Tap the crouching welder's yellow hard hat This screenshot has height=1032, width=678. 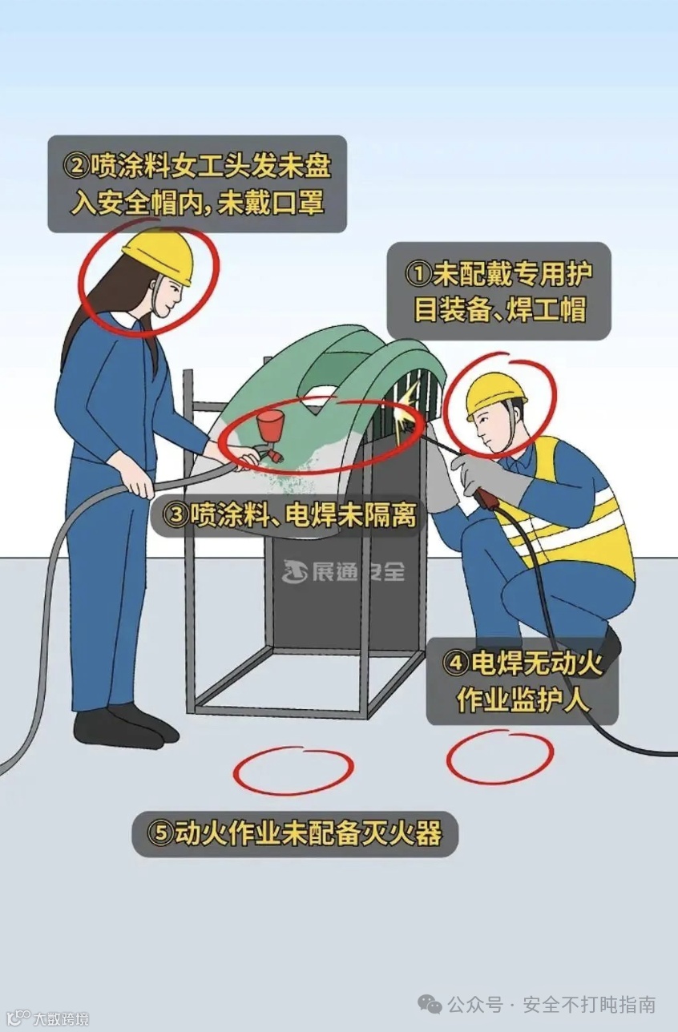(494, 395)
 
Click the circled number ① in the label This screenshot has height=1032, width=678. (418, 275)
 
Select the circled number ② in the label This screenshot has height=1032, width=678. (75, 167)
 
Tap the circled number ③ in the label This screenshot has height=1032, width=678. (176, 515)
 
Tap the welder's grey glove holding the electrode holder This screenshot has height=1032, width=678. (489, 478)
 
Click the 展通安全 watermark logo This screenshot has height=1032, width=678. (343, 572)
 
